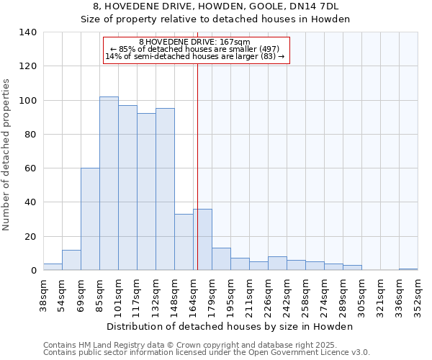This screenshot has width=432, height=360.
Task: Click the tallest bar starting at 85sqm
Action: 109,184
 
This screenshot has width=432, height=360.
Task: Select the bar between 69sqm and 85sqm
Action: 90,220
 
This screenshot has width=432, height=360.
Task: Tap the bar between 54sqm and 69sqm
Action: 71,261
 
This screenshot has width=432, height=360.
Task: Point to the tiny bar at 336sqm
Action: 408,269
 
